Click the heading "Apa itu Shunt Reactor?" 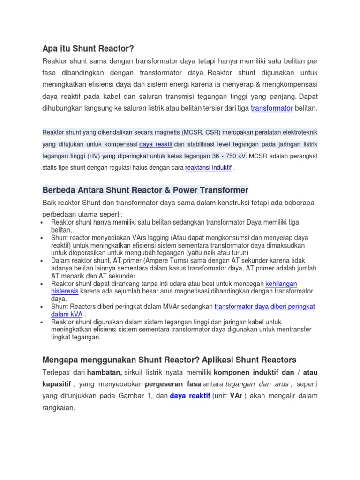point(88,48)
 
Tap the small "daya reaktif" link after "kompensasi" point(156,144)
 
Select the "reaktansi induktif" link point(209,167)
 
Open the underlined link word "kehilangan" point(281,284)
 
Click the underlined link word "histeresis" point(65,291)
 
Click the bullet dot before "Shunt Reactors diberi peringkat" point(43,307)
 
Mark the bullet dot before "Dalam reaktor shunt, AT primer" point(43,261)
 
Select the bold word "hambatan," point(104,372)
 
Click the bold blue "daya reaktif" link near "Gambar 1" point(190,396)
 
